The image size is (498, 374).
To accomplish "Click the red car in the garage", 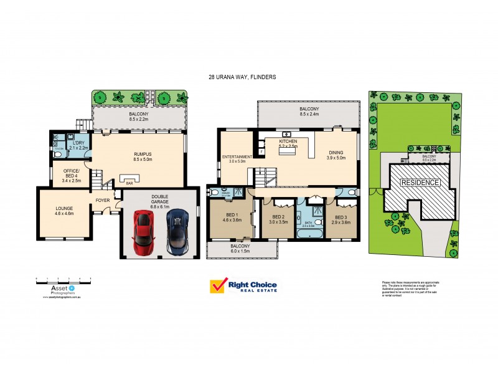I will coord(144,231).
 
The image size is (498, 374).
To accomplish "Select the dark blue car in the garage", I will coord(179,231).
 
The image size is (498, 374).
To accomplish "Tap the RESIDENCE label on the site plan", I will coord(420,183).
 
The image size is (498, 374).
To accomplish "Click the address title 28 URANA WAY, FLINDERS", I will coord(242,77).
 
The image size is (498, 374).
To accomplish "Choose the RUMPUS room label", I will coord(143,155).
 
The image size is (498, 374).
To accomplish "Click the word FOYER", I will coord(103,201).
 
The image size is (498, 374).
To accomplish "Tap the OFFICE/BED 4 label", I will coord(72,174).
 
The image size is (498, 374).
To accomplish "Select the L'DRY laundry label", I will coord(78,143).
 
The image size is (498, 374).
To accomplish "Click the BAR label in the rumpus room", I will coord(129,183).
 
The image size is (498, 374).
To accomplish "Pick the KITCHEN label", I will coord(288,142).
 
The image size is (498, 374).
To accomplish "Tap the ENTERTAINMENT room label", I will coord(237,156).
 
